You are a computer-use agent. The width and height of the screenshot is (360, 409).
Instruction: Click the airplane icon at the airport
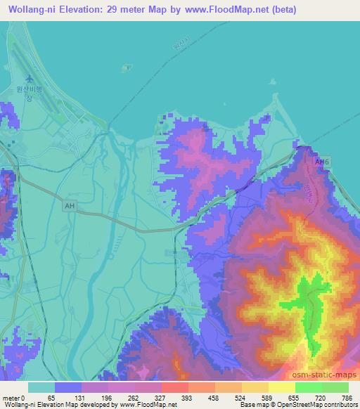tap(29, 78)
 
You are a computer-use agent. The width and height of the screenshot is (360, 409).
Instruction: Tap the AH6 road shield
tap(322, 162)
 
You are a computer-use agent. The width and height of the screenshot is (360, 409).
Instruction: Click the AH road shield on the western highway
tap(69, 206)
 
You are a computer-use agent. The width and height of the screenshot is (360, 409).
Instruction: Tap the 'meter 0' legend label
tap(15, 397)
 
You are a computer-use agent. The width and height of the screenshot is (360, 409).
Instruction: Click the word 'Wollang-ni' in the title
tap(29, 10)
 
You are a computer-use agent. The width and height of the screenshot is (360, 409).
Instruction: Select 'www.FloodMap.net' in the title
tap(219, 10)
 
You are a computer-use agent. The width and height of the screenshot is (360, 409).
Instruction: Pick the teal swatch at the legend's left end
tap(41, 387)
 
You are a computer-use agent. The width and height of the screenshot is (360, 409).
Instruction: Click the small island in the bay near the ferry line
tap(127, 69)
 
